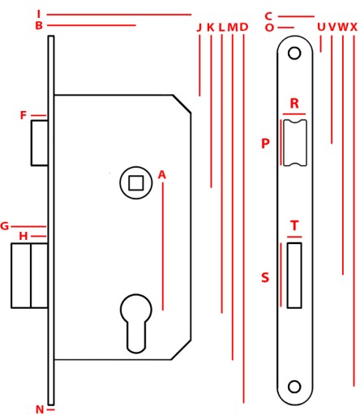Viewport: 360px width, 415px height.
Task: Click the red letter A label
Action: (x=161, y=175)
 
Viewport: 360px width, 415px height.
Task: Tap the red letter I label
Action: (x=39, y=14)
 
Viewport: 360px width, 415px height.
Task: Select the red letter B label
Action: (x=39, y=26)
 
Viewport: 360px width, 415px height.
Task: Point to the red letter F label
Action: (x=24, y=115)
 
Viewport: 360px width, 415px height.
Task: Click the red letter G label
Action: (x=5, y=226)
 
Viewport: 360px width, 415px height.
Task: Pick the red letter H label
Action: (x=24, y=237)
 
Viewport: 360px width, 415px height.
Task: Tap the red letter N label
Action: (x=40, y=409)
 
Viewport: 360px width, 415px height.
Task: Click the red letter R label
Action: (x=294, y=104)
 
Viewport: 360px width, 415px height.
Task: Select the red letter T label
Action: (x=294, y=225)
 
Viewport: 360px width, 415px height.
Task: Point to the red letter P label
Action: (x=265, y=143)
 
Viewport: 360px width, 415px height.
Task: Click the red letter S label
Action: (x=265, y=277)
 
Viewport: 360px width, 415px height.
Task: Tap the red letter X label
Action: (x=354, y=27)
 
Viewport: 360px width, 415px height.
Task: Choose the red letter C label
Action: (x=268, y=16)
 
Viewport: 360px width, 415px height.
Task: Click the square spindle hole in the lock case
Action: (x=136, y=183)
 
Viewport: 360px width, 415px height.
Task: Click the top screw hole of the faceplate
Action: (x=294, y=53)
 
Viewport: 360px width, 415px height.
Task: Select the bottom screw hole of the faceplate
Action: (x=294, y=387)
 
